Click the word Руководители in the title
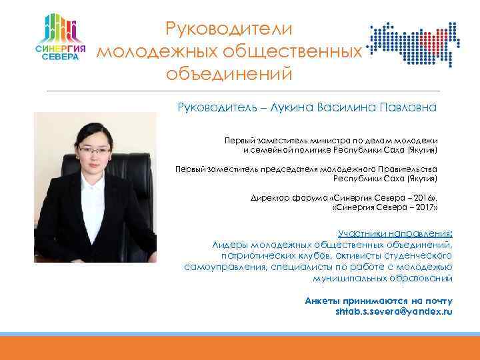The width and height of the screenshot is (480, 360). (x=228, y=29)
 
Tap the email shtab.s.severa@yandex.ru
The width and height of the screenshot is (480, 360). (x=393, y=311)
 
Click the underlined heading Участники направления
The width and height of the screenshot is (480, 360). (x=393, y=234)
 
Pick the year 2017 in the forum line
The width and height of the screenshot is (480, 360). (x=417, y=208)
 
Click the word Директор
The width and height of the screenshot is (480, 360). (x=269, y=198)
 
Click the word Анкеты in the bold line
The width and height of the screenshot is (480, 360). (x=320, y=301)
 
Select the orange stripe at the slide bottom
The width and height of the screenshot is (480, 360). (x=240, y=348)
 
